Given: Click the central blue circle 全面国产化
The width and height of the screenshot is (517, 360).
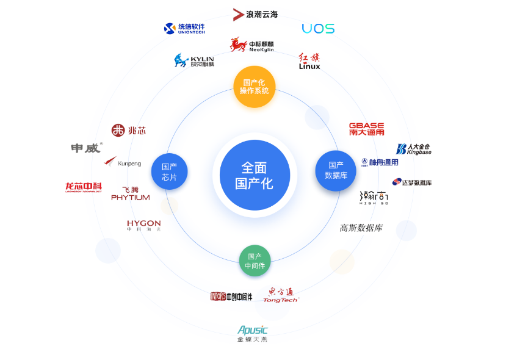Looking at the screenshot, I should click(x=255, y=175).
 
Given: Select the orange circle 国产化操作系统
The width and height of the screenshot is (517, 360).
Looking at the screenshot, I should click(x=255, y=87).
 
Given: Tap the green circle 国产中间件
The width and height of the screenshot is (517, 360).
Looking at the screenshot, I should click(x=255, y=261).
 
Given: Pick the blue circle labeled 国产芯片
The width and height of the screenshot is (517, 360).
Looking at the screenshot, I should click(x=169, y=171).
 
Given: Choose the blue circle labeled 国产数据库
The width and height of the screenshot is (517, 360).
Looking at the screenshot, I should click(x=336, y=170).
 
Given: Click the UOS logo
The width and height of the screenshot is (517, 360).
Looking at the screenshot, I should click(x=318, y=29).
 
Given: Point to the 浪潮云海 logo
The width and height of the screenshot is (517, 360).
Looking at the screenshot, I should click(x=255, y=14).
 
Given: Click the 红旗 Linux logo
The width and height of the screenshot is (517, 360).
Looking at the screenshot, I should click(x=309, y=61).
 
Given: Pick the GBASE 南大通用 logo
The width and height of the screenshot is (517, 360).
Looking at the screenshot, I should click(x=366, y=129).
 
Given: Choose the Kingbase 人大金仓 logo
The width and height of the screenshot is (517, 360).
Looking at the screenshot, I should click(x=413, y=149).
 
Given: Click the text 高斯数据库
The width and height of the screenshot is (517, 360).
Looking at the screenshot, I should click(x=361, y=228).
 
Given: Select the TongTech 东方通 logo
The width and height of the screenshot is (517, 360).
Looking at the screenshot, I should click(x=281, y=295).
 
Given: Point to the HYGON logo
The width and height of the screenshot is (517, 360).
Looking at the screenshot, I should click(x=143, y=225).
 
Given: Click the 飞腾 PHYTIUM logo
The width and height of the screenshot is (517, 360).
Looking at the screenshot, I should click(x=130, y=193).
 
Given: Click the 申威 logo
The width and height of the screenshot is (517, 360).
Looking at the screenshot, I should click(x=86, y=148).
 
